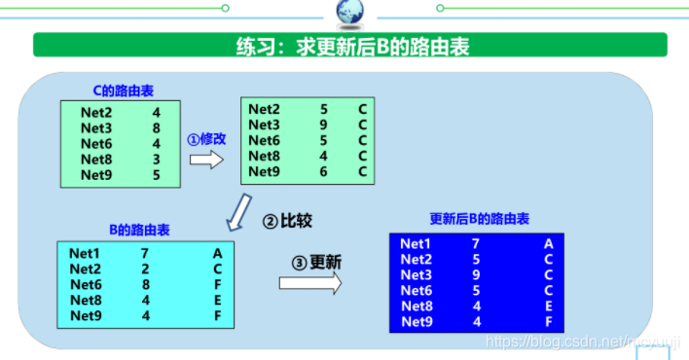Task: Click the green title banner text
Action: (349, 46)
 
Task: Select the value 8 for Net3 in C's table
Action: (156, 127)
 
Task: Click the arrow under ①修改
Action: (205, 159)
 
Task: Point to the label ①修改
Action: (206, 138)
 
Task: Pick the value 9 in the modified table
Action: (324, 125)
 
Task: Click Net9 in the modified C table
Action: (264, 171)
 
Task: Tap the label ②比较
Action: (288, 221)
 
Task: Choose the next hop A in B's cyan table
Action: (218, 253)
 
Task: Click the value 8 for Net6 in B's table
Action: (144, 284)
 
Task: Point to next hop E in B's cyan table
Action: (218, 300)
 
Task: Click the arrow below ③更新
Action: (310, 282)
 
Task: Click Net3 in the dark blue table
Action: (416, 275)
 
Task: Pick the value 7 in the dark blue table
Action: (475, 244)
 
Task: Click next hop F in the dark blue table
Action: (549, 322)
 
